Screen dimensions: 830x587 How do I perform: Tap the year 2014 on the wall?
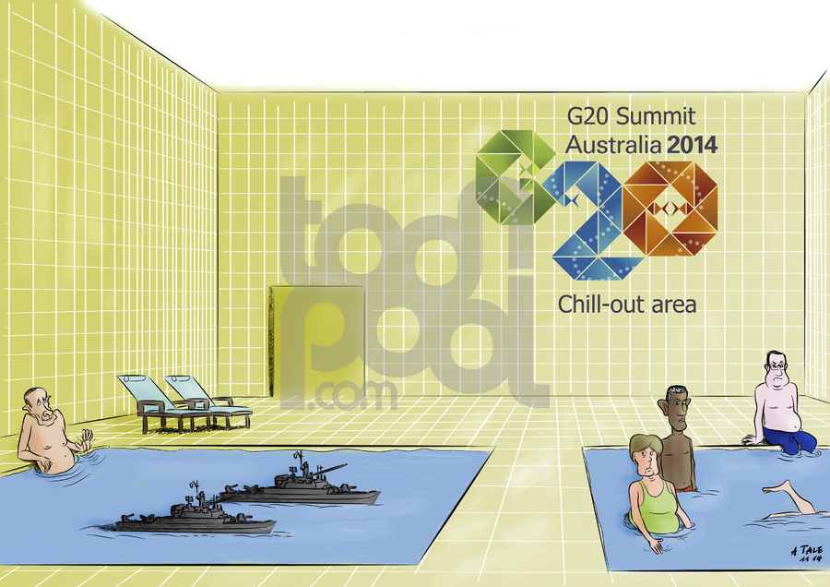point(693,145)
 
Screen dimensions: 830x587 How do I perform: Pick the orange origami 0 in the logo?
point(670,209)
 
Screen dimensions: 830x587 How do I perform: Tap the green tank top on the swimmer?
point(657,506)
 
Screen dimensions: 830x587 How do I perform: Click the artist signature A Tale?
point(807,554)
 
